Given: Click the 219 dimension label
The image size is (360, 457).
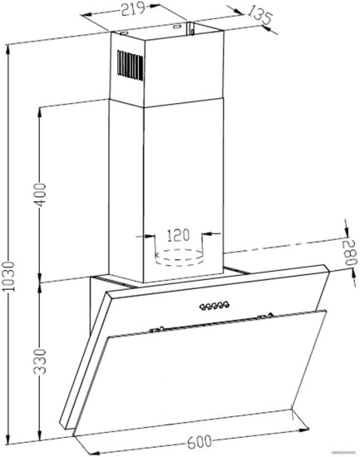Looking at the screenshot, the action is coord(133,9).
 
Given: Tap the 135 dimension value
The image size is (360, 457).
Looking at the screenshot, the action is coord(259,16).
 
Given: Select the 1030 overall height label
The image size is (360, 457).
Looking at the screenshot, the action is coord(9,277).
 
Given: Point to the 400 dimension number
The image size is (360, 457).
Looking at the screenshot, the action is coord(40,194).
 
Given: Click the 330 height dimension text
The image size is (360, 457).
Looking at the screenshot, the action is coord(40,361).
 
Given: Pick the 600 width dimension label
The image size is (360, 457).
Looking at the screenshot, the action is coord(200,442).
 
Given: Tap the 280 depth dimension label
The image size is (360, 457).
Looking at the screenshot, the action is coord(349,253).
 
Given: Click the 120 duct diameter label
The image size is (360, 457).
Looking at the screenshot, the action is coord(178,235).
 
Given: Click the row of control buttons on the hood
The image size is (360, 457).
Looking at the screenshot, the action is coord(215,306).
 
